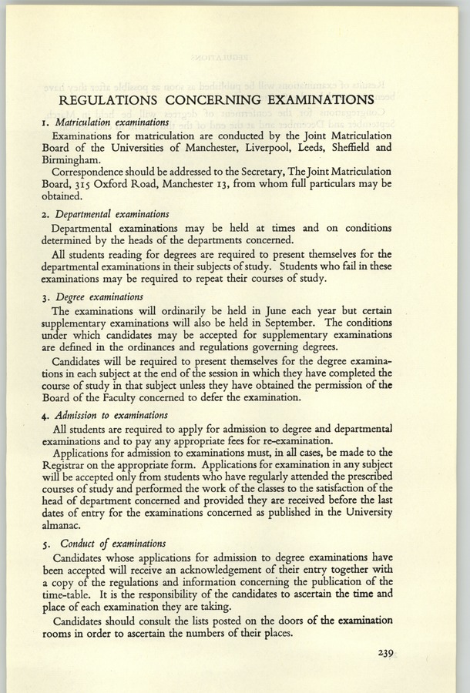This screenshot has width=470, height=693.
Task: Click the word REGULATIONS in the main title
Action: tap(127, 99)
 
